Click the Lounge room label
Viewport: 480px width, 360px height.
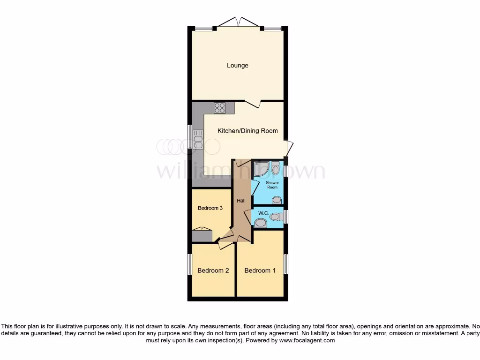[238, 66]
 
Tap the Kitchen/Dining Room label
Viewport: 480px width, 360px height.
[247, 131]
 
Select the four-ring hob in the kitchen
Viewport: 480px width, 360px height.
[219, 108]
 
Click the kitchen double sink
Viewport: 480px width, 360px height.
[198, 139]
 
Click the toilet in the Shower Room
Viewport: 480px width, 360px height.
[276, 167]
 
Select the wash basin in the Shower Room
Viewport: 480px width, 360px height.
[277, 200]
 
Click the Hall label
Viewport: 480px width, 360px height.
[241, 201]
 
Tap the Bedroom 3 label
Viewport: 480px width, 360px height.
[210, 208]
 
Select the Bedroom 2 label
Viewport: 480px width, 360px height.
[213, 270]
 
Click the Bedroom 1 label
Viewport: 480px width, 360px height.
[260, 270]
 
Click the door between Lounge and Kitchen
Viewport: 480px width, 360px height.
[253, 104]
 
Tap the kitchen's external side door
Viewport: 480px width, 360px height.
[289, 148]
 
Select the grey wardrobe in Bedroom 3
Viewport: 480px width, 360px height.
[202, 235]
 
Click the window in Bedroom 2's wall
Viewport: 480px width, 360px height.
[190, 265]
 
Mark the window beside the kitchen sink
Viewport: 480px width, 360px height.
[190, 137]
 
